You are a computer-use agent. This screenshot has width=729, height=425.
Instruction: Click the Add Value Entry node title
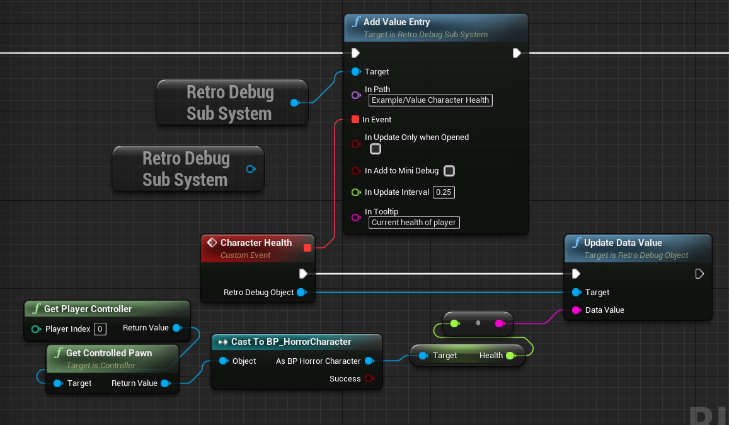(x=396, y=22)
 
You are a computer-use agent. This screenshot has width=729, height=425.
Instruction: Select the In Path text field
(x=430, y=100)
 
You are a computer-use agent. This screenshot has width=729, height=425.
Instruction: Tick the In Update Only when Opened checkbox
(x=376, y=149)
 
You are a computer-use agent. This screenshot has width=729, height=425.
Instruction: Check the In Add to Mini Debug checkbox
(x=449, y=171)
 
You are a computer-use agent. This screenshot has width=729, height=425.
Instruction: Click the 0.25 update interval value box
(x=444, y=192)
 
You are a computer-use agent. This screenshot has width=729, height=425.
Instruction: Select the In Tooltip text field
(x=414, y=222)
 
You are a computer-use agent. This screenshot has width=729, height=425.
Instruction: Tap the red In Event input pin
(x=355, y=119)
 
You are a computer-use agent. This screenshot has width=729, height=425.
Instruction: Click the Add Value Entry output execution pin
(x=517, y=53)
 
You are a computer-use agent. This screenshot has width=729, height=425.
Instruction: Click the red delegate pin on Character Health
(x=307, y=248)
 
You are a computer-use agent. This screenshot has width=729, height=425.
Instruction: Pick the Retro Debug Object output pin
(x=301, y=292)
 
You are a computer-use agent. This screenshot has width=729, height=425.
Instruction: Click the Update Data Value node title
(x=623, y=243)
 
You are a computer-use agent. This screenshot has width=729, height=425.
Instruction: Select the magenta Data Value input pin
(x=576, y=310)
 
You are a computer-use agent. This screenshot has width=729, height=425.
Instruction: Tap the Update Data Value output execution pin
(x=699, y=274)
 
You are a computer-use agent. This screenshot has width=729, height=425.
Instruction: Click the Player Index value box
(x=100, y=329)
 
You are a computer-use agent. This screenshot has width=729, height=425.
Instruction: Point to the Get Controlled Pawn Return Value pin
(x=164, y=383)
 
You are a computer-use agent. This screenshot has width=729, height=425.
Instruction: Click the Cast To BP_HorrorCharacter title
(x=290, y=342)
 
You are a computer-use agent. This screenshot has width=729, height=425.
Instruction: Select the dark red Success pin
(x=369, y=379)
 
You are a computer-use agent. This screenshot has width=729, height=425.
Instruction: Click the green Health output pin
(x=510, y=356)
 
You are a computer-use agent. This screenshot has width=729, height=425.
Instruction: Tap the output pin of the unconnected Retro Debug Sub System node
(x=250, y=169)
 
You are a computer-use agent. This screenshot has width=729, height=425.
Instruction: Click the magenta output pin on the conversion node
(x=499, y=323)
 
